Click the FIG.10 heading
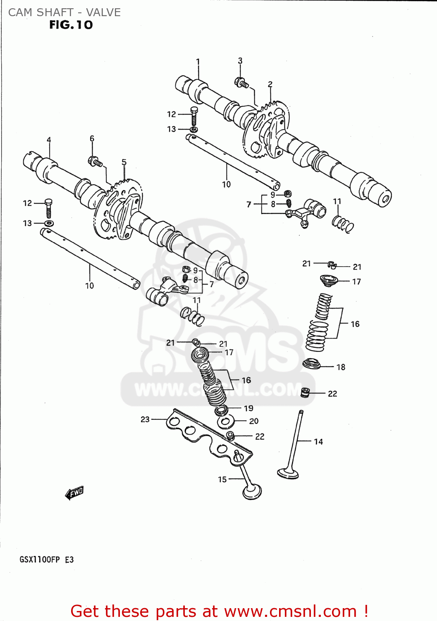click(71, 25)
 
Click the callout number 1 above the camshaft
click(198, 62)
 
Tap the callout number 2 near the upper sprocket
click(270, 84)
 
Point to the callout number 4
click(49, 140)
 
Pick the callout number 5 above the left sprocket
click(124, 162)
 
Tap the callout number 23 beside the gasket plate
click(145, 419)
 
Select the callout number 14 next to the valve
click(318, 442)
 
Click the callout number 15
click(222, 479)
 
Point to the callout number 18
click(341, 367)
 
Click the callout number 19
click(248, 409)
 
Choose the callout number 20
click(254, 421)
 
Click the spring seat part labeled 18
click(312, 364)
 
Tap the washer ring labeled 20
click(226, 422)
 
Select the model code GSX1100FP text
click(40, 560)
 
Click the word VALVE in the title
click(103, 12)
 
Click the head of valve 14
click(288, 473)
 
